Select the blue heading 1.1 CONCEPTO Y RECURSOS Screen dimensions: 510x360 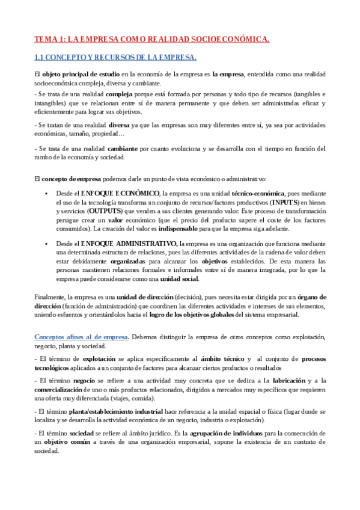pos(115,58)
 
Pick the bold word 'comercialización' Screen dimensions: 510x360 pos(63,389)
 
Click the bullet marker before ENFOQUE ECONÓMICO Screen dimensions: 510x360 pos(46,194)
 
